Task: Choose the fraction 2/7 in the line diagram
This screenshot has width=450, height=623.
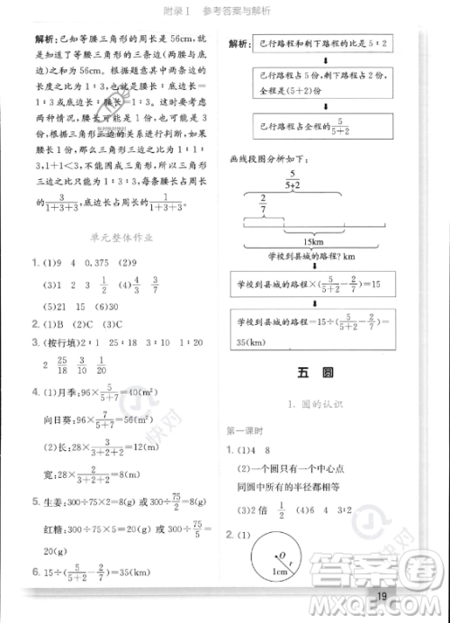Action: point(263,203)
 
